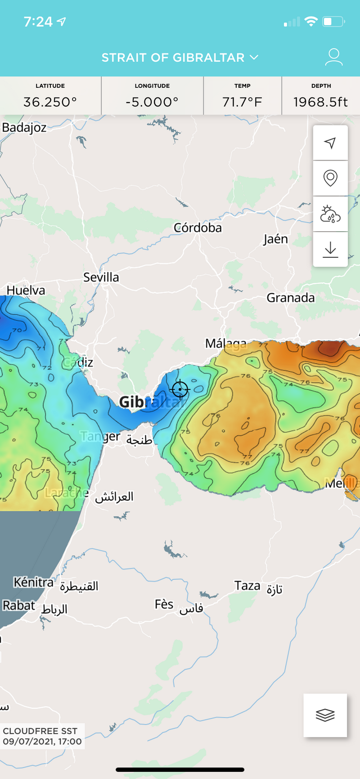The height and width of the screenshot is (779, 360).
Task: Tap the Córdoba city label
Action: coord(198,228)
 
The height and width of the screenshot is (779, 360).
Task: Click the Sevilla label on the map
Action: coord(101,278)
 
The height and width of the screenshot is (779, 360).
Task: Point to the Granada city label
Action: coord(290,298)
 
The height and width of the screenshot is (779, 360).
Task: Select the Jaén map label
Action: coord(275,239)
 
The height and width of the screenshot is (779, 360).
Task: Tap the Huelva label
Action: coord(26,291)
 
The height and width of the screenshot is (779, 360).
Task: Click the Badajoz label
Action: coord(24,128)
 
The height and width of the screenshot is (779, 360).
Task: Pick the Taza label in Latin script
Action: coord(247,586)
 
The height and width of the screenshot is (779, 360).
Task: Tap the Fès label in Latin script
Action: coord(164,604)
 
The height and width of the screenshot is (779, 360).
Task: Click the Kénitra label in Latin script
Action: coord(33,582)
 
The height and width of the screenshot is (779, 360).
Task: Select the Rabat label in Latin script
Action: coord(19,606)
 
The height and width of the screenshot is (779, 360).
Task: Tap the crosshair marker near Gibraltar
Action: coord(180,389)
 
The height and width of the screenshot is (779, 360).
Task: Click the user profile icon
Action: coord(333,58)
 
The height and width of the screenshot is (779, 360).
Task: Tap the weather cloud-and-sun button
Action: coord(330,214)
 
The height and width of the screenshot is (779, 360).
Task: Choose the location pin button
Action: coord(330,178)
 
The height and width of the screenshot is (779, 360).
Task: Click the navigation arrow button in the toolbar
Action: coord(330,143)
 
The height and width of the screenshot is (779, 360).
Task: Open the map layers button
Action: coord(325,715)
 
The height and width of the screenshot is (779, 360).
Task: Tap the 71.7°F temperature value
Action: coord(242,102)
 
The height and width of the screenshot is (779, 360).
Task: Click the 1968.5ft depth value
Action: coord(320,102)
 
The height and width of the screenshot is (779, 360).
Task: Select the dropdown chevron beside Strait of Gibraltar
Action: coord(254,58)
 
